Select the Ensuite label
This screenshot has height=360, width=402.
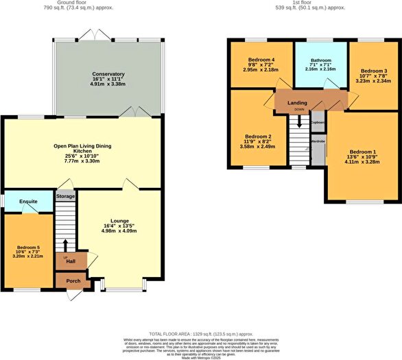pos(28,202)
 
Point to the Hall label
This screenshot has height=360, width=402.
pos(71,261)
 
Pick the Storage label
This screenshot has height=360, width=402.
pos(66,196)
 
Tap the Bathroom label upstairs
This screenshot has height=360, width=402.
pos(320,60)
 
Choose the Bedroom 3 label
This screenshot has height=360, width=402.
pos(375,71)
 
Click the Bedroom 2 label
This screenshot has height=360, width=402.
pos(258,136)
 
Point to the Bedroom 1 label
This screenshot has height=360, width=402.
pos(363,152)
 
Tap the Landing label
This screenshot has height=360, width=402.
pos(297,103)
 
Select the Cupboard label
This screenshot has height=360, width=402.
pos(318,122)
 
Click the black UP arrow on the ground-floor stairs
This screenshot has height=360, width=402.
pos(65,245)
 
